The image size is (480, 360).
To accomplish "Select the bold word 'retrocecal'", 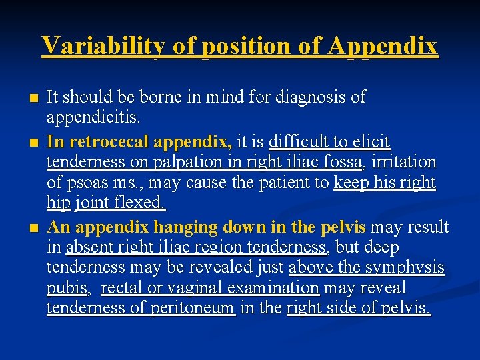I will pos(113,141).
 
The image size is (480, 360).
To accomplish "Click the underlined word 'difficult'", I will pos(297,141).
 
